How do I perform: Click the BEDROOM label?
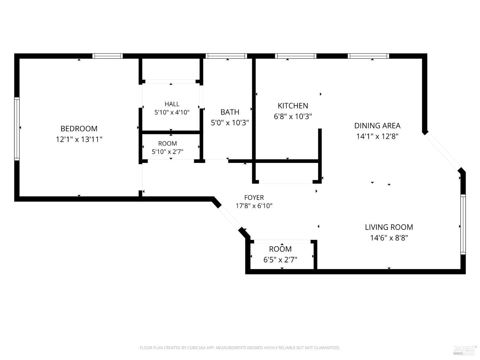(x=79, y=129)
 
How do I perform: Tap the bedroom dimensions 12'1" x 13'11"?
(x=79, y=139)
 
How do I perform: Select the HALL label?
(x=172, y=104)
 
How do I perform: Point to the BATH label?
(x=230, y=112)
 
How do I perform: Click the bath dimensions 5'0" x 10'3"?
(x=230, y=123)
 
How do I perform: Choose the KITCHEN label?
(x=293, y=106)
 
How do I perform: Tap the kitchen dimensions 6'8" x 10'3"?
(x=293, y=116)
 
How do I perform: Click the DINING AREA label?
(x=377, y=126)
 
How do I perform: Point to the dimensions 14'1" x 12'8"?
(x=377, y=136)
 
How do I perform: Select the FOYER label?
(x=254, y=197)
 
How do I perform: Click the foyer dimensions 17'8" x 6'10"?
(x=254, y=206)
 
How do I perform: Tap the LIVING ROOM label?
(x=389, y=227)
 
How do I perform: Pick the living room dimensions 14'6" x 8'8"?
(x=389, y=238)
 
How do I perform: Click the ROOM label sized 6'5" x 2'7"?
(x=280, y=249)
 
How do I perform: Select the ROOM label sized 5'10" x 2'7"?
(x=167, y=143)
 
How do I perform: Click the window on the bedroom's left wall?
(x=17, y=129)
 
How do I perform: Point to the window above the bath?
(x=226, y=56)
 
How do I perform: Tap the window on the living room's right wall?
(x=463, y=224)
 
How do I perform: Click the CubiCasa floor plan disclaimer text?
(x=240, y=348)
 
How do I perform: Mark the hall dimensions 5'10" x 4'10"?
(x=172, y=112)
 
